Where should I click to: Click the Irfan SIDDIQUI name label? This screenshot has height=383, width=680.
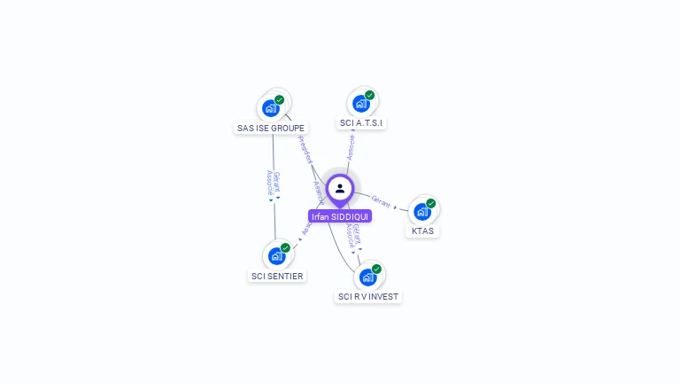coord(340,216)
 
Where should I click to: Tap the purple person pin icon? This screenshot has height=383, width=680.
coord(340,189)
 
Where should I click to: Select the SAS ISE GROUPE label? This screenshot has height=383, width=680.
coord(271,129)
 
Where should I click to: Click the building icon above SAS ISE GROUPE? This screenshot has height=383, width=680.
coord(271,108)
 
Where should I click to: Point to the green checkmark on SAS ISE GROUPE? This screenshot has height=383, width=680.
coord(280,100)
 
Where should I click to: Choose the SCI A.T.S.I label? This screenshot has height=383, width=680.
coord(361,123)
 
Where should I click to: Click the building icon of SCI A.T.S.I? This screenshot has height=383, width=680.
coord(360,103)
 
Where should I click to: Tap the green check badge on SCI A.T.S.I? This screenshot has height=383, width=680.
coord(370,95)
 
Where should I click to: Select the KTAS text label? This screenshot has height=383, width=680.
coord(422,231)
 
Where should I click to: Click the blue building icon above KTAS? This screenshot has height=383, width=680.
coord(421,211)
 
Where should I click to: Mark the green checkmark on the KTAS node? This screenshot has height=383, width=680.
coord(431,203)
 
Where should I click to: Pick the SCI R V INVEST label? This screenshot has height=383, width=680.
coord(368,297)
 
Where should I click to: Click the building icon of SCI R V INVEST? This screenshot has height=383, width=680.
coord(367,277)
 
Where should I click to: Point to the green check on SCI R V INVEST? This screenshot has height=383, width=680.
coord(377,269)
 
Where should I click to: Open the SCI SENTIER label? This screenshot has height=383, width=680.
coord(277,277)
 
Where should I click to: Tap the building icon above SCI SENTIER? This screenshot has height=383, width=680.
coord(276,256)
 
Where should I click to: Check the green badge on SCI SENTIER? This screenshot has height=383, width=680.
coord(285,248)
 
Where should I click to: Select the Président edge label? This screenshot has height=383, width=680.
coord(305,150)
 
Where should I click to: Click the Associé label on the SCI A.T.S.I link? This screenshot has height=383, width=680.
coord(352,147)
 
